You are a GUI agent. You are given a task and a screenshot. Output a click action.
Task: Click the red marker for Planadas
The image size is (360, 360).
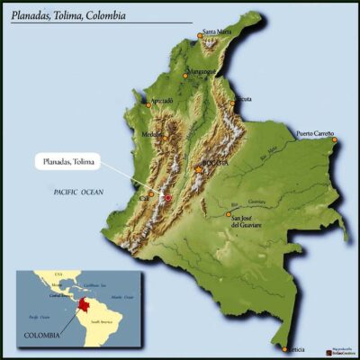point(166,196)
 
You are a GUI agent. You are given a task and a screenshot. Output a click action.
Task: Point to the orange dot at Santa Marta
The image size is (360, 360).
point(200,38)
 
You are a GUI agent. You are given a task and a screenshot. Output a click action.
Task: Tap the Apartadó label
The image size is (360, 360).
point(162,100)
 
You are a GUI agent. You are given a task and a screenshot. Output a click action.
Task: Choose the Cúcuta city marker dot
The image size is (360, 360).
point(232,103)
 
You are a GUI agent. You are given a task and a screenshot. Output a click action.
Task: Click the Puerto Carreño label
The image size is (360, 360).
point(315,133)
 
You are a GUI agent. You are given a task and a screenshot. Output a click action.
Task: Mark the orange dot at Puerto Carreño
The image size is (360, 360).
point(333,139)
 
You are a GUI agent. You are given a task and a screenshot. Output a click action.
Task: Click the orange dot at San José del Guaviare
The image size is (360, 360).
point(227,215)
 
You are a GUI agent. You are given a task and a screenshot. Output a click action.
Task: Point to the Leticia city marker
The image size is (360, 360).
point(285,349)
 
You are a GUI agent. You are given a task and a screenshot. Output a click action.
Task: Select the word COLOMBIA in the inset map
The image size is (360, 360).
point(41,335)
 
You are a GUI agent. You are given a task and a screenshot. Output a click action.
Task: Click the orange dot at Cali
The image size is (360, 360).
point(149,198)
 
